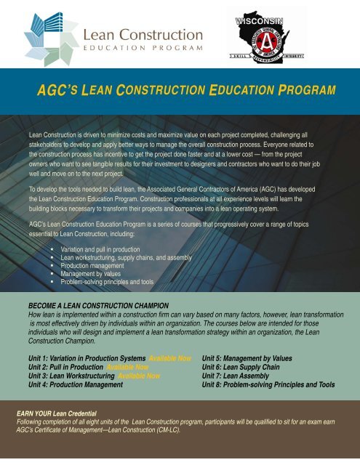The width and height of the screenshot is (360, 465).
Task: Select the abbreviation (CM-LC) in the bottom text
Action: [164, 429]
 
